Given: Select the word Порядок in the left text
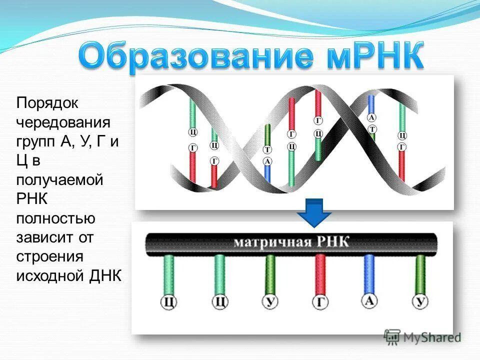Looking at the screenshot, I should (48, 103).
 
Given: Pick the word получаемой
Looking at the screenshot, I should (59, 179).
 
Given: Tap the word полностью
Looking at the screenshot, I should (56, 218).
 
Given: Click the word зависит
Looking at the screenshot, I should (45, 237).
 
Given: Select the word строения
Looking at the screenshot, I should (49, 256).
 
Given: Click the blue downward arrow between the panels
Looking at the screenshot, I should (314, 212).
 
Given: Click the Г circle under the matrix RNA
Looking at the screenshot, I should (320, 302).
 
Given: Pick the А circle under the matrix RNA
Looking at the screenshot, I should (369, 301).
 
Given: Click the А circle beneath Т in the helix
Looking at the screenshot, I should (267, 161).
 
